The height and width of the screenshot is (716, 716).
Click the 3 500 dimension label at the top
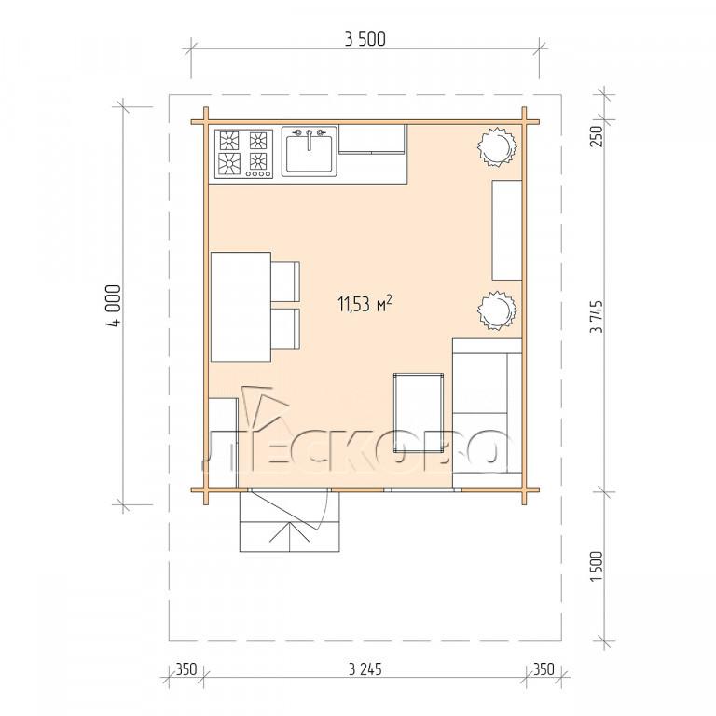365,39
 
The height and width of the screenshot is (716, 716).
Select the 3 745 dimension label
597,316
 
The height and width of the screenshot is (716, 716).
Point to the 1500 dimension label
597,566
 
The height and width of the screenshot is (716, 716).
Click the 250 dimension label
597,136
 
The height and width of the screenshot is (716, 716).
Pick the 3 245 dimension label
365,669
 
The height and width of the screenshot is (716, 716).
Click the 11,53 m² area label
365,304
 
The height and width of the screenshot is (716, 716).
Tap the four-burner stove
244,154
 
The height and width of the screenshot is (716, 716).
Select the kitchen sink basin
310,154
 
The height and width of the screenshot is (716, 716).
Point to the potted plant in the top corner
497,146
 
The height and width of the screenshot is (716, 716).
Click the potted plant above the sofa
497,310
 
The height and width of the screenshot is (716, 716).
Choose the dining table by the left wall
241,307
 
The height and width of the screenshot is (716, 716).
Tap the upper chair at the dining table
286,282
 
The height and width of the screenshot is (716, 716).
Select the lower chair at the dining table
286,329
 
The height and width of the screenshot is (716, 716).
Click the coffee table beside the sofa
419,413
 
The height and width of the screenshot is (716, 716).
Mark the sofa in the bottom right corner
488,413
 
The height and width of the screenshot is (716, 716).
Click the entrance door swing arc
323,512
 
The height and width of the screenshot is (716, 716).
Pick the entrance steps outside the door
290,521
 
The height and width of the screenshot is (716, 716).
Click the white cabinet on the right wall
507,230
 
